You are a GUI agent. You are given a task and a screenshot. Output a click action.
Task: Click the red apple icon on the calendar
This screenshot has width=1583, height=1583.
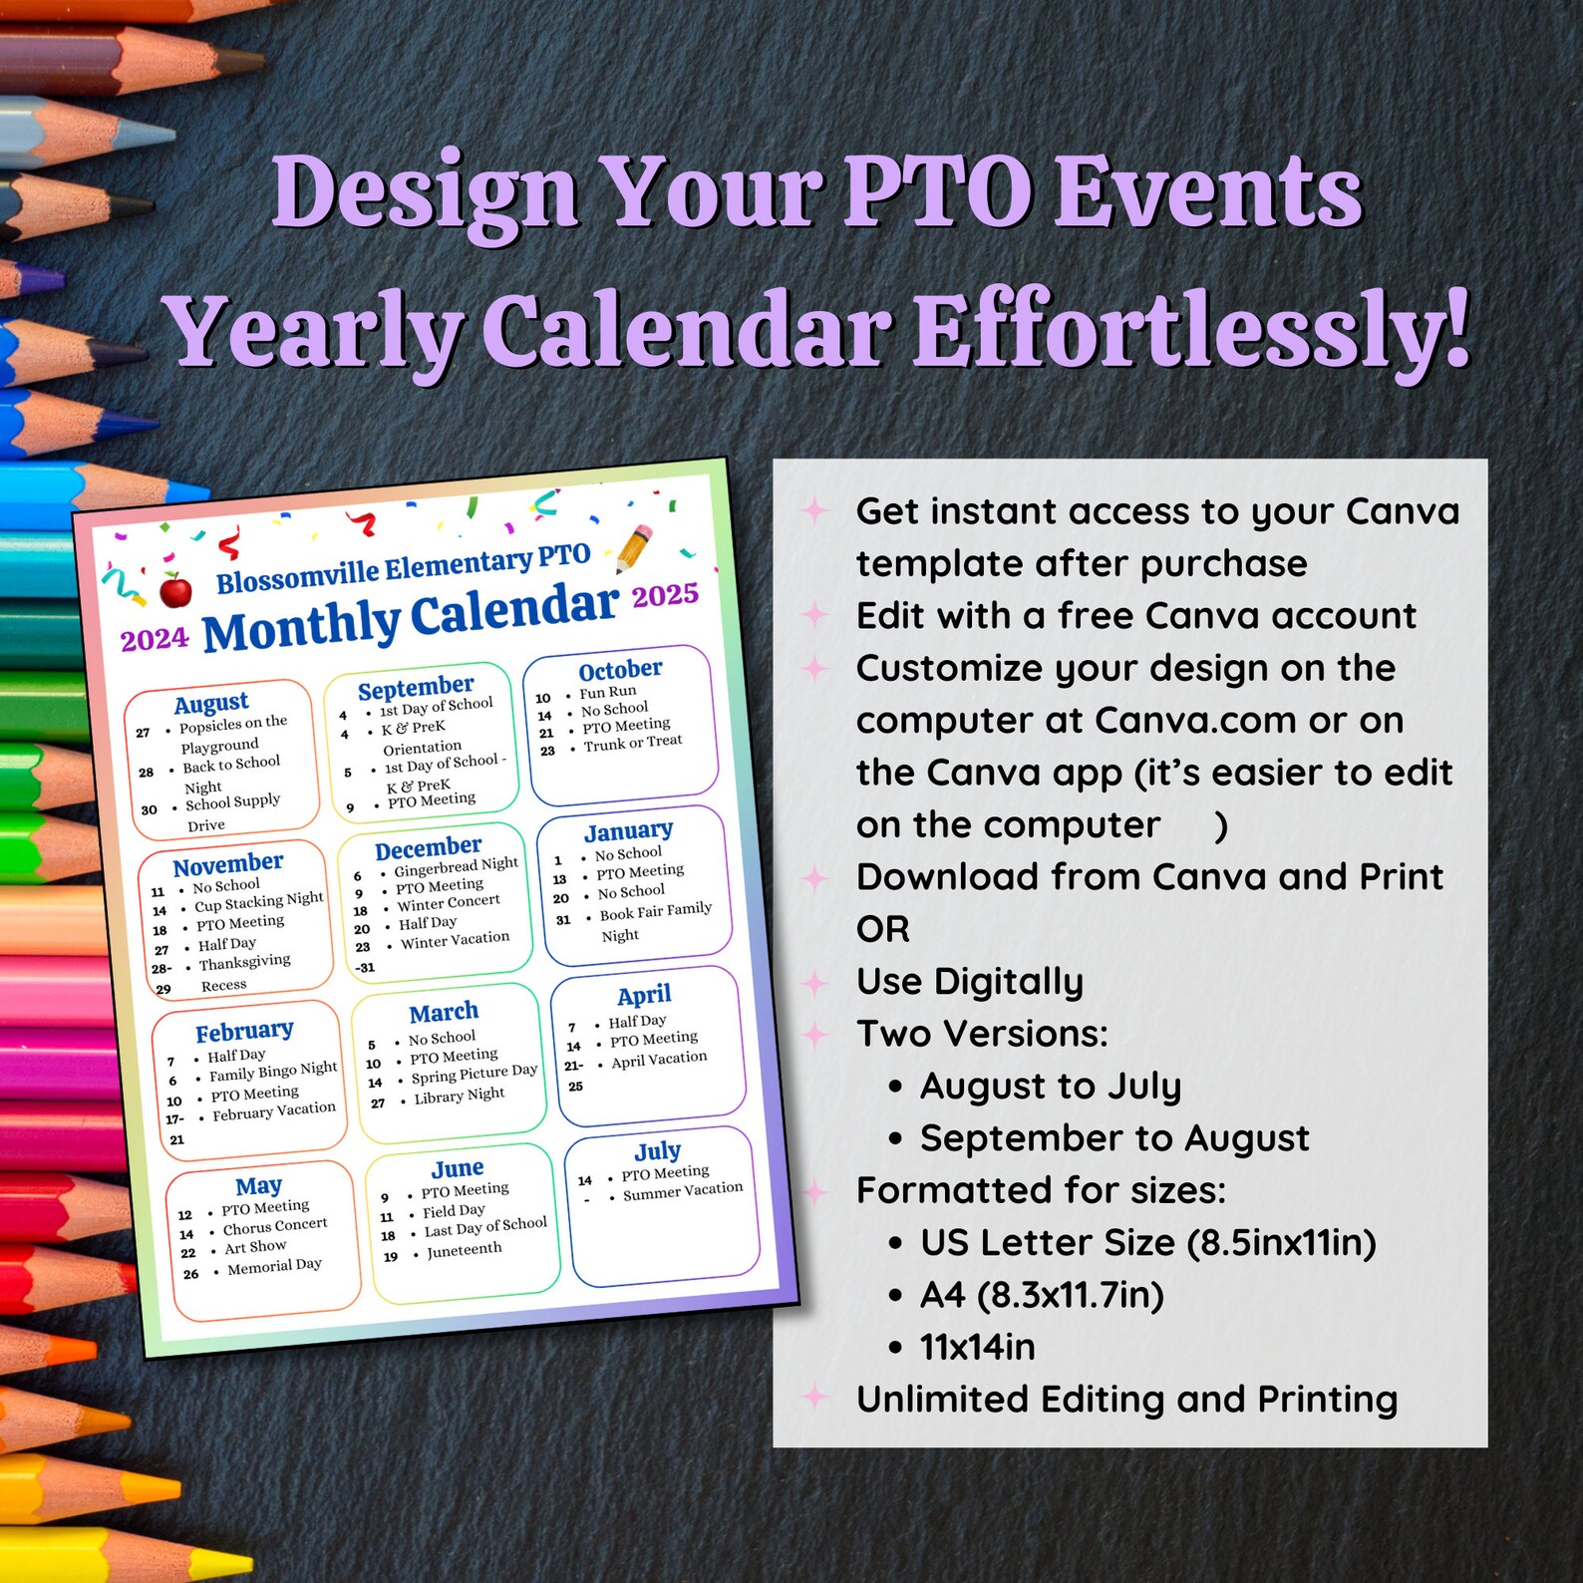(176, 590)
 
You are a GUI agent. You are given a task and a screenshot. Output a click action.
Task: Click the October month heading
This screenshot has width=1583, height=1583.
(620, 669)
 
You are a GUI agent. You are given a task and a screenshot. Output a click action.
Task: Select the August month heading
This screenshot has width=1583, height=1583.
(211, 703)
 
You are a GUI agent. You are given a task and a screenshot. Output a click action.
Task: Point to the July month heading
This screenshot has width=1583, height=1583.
(658, 1151)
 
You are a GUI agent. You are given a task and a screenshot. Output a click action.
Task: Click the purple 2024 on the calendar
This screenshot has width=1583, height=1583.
(155, 639)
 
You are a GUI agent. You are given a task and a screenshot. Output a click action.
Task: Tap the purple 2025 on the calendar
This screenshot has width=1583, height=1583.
(665, 595)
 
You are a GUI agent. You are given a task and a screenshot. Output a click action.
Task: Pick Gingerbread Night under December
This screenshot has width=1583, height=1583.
(456, 866)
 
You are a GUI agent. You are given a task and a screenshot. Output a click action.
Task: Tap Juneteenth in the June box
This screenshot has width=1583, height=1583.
(464, 1250)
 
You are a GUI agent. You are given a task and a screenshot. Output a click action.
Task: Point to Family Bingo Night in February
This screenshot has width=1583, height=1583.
(272, 1072)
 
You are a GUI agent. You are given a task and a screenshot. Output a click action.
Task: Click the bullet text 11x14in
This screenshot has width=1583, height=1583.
(977, 1347)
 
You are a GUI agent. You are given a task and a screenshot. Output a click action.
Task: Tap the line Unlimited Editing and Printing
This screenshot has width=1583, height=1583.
(1126, 1400)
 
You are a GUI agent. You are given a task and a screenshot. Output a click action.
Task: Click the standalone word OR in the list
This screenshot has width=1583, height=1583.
(882, 929)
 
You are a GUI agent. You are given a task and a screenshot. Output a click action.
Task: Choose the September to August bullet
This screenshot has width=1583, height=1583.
(1113, 1138)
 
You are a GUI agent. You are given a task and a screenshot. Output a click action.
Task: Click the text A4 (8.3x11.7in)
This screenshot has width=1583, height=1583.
(1042, 1295)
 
